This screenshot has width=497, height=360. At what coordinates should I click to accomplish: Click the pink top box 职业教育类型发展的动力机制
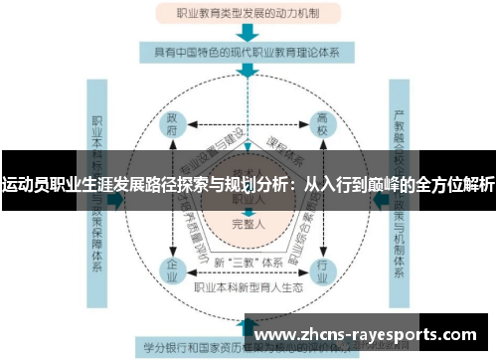click(248, 15)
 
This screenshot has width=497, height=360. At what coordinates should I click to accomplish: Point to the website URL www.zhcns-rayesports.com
click(367, 335)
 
